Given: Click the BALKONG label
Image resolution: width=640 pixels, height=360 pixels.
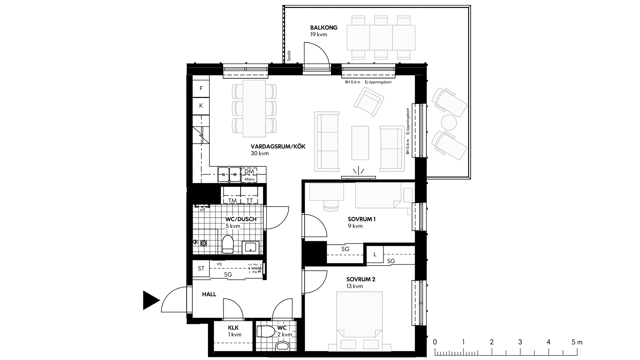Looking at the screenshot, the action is click(x=324, y=28).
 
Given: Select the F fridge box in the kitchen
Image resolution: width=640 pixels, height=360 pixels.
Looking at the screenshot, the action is click(x=201, y=88).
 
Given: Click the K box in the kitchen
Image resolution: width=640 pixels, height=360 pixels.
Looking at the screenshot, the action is click(x=201, y=106).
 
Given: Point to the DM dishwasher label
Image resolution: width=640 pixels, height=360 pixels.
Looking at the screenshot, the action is click(x=249, y=171).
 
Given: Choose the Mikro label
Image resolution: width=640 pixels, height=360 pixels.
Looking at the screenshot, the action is click(x=249, y=179).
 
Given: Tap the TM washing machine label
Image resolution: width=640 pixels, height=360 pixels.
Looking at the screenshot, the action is click(x=232, y=201).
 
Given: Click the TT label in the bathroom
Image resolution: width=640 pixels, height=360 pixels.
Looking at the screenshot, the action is click(x=249, y=201).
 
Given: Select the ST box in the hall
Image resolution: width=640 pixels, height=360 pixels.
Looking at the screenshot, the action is click(x=201, y=268).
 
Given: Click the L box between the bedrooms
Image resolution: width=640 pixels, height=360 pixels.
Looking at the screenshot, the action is click(x=375, y=254).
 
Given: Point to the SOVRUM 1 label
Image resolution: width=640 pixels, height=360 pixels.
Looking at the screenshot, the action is click(x=362, y=219).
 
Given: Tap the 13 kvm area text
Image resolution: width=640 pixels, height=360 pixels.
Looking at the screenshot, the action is click(x=355, y=286).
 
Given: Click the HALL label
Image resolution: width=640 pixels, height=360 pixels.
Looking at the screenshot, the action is click(x=209, y=294).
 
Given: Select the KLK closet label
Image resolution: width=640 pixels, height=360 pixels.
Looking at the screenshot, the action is click(x=233, y=328).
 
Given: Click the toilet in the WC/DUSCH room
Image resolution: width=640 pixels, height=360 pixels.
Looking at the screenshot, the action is click(x=228, y=244).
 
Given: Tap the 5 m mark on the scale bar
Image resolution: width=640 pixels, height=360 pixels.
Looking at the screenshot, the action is click(x=577, y=342).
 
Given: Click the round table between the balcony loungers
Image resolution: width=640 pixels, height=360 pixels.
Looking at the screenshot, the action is click(x=449, y=122).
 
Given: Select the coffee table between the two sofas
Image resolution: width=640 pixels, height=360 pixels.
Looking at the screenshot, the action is click(x=360, y=143).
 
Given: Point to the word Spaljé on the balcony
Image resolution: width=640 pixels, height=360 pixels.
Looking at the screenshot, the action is click(x=289, y=56).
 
